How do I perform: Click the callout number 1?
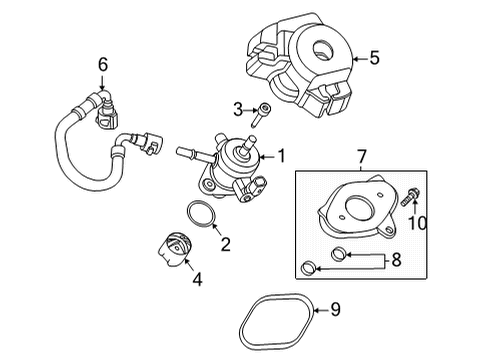[x=281, y=155]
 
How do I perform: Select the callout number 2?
[x=226, y=243]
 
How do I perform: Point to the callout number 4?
[x=198, y=281]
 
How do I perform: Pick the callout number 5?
[x=373, y=58]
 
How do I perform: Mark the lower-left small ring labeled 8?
[x=310, y=266]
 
